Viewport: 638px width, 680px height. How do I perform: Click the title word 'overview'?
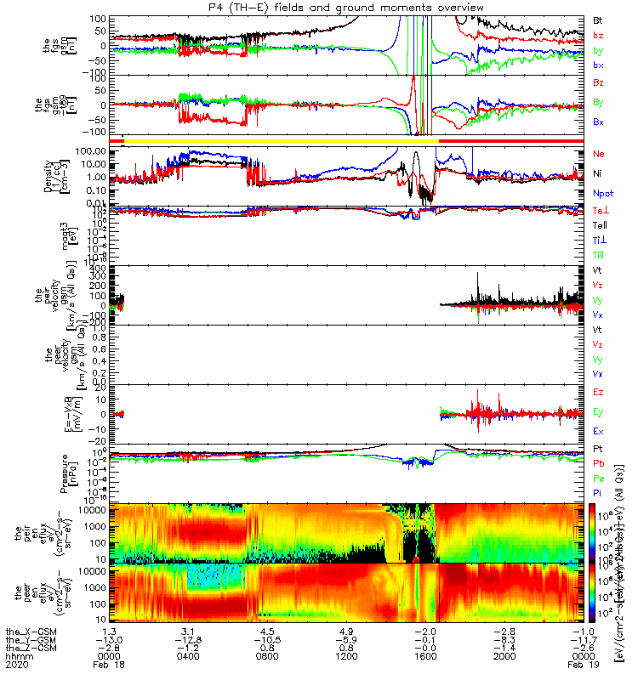coord(441,8)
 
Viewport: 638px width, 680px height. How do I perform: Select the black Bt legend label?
coord(599,20)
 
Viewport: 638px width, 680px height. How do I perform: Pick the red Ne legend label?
coord(599,155)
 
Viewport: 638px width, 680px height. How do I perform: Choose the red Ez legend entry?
coord(599,392)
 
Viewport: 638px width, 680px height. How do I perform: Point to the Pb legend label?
coord(599,463)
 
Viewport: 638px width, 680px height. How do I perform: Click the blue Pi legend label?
coord(599,492)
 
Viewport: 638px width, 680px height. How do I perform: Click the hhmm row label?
coord(17,656)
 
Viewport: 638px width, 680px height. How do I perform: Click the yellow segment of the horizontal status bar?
coord(281,139)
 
